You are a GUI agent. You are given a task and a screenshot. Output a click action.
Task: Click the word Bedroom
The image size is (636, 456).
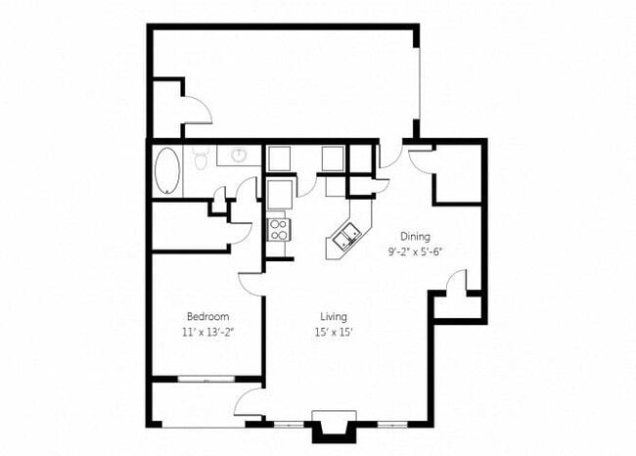pyautogui.click(x=207, y=317)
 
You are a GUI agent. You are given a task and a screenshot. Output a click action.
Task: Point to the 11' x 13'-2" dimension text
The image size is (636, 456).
pyautogui.click(x=207, y=332)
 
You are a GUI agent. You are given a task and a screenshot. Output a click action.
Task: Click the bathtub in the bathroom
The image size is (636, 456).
pyautogui.click(x=167, y=170)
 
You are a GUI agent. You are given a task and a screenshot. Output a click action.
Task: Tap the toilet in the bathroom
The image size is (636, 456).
pyautogui.click(x=202, y=158)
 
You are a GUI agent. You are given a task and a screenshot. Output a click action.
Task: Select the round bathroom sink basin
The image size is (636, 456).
pyautogui.click(x=240, y=155)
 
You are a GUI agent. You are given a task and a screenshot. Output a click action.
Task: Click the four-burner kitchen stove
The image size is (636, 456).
pyautogui.click(x=278, y=230)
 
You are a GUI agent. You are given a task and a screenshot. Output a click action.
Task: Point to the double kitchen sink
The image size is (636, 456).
pyautogui.click(x=344, y=236)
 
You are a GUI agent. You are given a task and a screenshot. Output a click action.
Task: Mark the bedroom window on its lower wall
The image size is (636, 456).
pyautogui.click(x=207, y=378)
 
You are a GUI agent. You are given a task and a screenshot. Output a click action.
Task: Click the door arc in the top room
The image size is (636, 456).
pyautogui.click(x=197, y=109)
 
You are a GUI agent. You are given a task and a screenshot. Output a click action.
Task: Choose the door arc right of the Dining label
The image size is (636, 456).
pyautogui.click(x=455, y=284)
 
